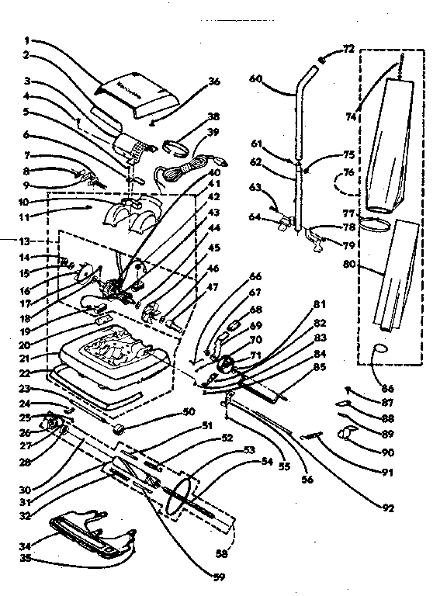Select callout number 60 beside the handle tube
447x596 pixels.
click(x=255, y=78)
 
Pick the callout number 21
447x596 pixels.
click(x=26, y=359)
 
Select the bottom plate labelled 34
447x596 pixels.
click(x=89, y=535)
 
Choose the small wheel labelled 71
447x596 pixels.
click(x=227, y=364)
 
